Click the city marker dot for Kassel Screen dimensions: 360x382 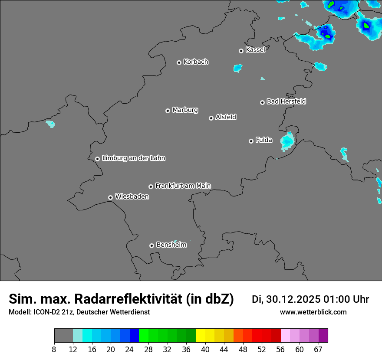tap(241, 51)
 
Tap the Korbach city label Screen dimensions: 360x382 tap(196, 62)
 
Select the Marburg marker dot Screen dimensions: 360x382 tap(168, 111)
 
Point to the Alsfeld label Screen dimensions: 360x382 tap(226, 117)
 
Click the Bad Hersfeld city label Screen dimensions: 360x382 tap(286, 101)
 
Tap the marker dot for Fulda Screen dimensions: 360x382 tap(251, 141)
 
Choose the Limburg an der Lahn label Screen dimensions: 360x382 tap(133, 158)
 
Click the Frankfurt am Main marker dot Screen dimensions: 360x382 tap(151, 187)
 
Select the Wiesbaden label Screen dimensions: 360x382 tap(132, 197)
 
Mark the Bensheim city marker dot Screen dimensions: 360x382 tap(151, 245)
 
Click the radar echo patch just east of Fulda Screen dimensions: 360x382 tap(287, 141)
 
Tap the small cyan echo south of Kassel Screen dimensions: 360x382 tap(237, 68)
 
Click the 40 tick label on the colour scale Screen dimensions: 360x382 tap(205, 350)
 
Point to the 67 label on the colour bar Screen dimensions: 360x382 tap(318, 350)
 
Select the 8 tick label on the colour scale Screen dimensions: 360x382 tap(54, 350)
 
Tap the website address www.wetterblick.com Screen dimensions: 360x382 tap(313, 312)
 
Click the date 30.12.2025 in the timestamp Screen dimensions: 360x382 tap(293, 299)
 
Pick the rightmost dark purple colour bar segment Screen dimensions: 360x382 tap(323, 336)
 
